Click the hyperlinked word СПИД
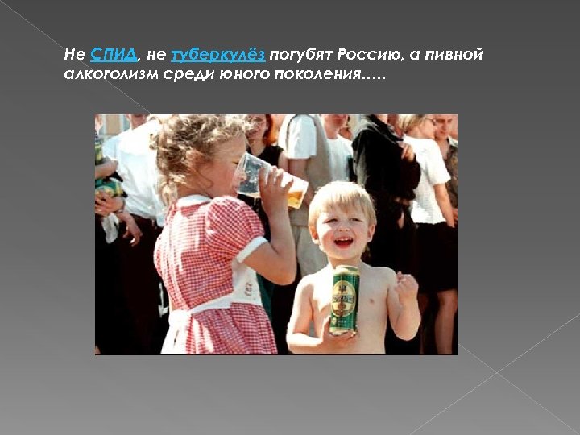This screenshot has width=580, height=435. (114, 55)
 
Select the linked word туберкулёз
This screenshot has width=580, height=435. (218, 55)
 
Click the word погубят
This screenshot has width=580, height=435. (301, 55)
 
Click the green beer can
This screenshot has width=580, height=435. (344, 299)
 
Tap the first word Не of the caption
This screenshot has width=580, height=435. (74, 55)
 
